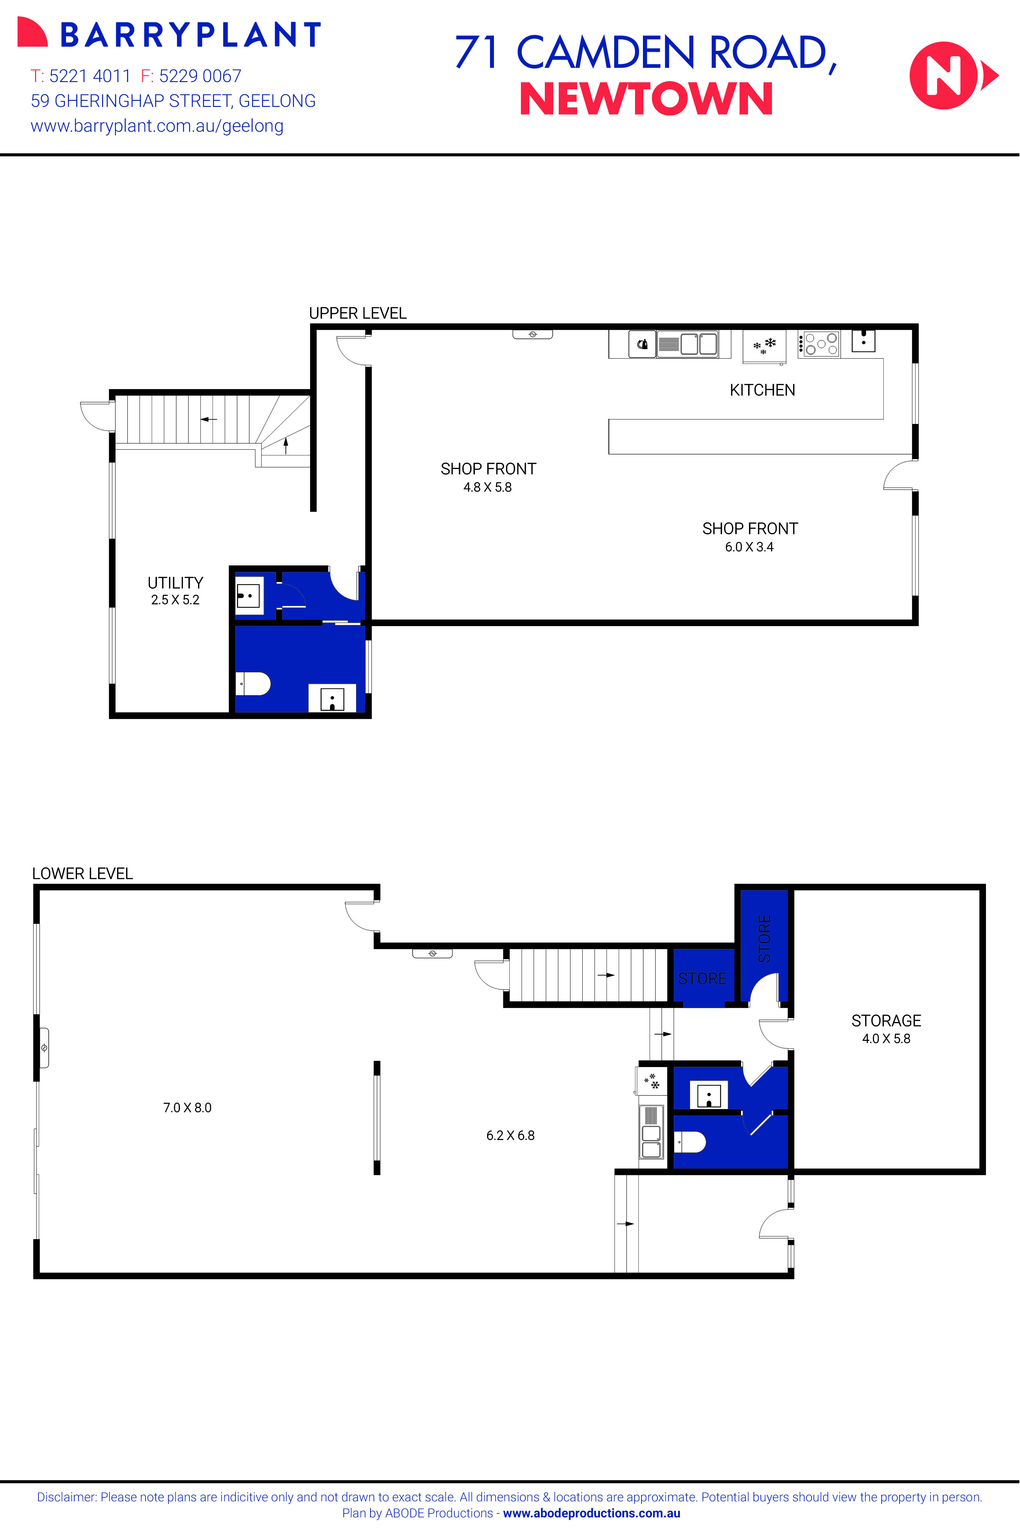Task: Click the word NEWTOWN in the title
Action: tap(646, 100)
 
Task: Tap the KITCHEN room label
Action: tap(762, 390)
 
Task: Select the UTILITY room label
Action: tap(175, 583)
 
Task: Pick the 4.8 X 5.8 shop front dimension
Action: tap(487, 487)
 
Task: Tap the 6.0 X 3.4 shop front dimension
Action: tap(749, 547)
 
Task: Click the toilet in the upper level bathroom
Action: tap(254, 683)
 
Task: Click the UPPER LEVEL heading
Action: tap(357, 313)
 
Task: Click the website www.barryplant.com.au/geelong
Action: tap(157, 126)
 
